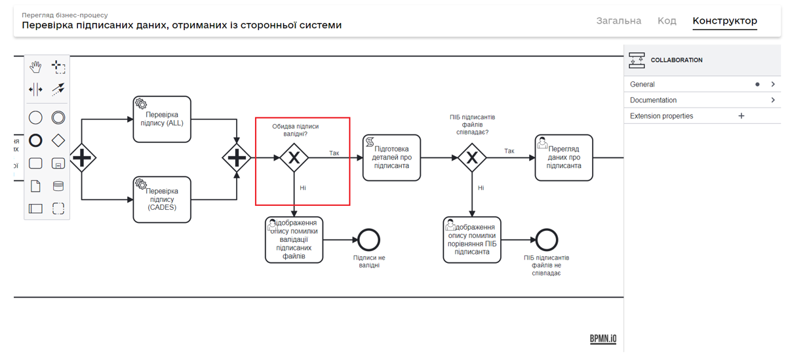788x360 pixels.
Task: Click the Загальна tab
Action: click(618, 21)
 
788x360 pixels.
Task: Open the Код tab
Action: click(667, 21)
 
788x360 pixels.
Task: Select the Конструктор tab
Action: click(724, 21)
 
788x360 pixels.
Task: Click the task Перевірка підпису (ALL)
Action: click(162, 119)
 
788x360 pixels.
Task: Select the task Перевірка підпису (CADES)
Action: click(162, 199)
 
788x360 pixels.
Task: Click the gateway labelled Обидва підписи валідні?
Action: click(294, 158)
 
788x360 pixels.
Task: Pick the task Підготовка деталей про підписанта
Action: click(391, 158)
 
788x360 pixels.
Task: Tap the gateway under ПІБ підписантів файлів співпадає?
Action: click(472, 158)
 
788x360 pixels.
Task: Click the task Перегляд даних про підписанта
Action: click(564, 158)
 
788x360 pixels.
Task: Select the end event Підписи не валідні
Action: click(369, 240)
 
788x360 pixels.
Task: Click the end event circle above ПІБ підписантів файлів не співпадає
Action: click(546, 240)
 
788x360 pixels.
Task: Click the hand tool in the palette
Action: click(35, 67)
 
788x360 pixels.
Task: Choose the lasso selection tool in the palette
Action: click(58, 67)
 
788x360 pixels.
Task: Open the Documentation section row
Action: click(701, 100)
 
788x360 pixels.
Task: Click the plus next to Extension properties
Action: click(741, 116)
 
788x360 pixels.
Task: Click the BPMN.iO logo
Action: click(602, 338)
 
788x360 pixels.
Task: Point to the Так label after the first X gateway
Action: click(334, 153)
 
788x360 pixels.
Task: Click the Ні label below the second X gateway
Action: click(481, 188)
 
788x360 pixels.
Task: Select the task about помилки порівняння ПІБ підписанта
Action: click(472, 240)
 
